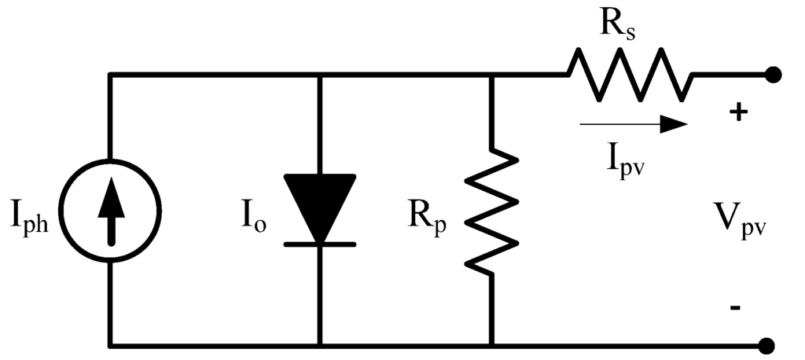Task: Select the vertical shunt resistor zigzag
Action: [x=491, y=211]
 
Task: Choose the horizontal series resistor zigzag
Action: [x=630, y=75]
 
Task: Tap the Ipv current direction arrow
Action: [x=633, y=123]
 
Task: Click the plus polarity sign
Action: [x=737, y=112]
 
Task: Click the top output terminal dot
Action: [x=774, y=75]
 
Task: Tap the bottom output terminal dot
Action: [x=774, y=345]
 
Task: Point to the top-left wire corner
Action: [x=111, y=75]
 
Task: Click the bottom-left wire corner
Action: [x=111, y=345]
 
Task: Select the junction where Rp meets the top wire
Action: [x=491, y=75]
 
